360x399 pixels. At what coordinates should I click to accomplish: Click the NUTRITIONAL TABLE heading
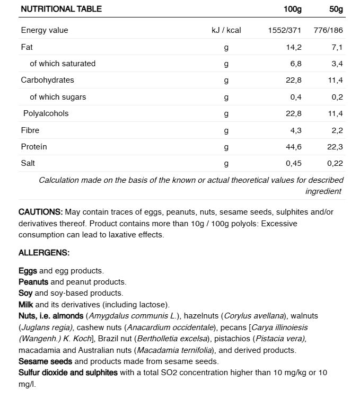[x=61, y=9]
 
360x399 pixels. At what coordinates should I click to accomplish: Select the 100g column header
[x=292, y=9]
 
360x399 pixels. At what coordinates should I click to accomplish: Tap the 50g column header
[x=336, y=9]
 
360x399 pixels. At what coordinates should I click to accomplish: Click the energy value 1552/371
[x=285, y=30]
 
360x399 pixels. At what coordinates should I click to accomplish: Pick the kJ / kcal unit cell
[x=226, y=30]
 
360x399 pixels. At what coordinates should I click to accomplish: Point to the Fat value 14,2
[x=293, y=47]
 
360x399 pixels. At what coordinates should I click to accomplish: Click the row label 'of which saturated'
[x=63, y=64]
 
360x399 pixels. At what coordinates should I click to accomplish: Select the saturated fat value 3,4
[x=337, y=64]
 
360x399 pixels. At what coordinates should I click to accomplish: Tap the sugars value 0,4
[x=296, y=97]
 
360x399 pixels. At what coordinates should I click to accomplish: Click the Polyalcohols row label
[x=46, y=113]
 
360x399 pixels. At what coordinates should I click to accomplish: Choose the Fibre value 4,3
[x=295, y=130]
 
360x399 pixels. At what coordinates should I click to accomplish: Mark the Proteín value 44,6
[x=293, y=147]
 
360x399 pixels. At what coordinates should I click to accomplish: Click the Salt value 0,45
[x=293, y=163]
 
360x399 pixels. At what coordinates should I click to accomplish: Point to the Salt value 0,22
[x=335, y=163]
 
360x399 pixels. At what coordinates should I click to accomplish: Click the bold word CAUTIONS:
[x=41, y=212]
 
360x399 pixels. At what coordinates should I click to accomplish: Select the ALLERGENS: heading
[x=44, y=253]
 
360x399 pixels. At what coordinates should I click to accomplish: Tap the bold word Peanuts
[x=33, y=282]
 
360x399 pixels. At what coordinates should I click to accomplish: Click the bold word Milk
[x=25, y=305]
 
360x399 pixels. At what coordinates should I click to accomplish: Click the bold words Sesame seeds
[x=46, y=361]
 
